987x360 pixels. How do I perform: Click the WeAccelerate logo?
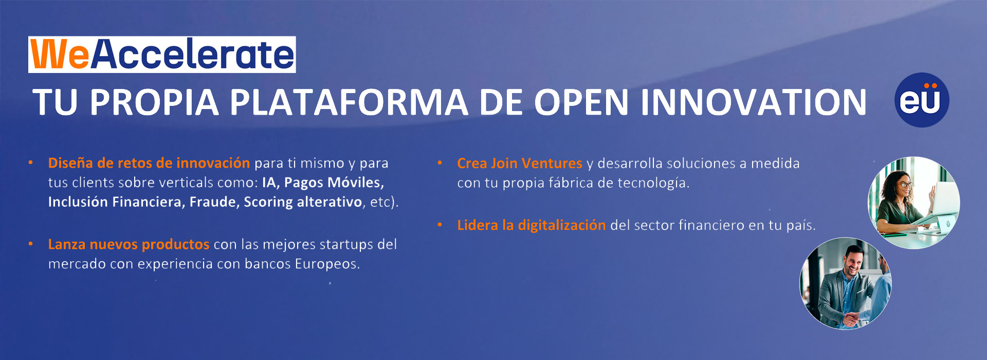[162, 55]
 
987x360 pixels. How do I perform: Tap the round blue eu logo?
[922, 100]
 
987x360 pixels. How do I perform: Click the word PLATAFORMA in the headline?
[349, 102]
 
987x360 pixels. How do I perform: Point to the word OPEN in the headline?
[581, 102]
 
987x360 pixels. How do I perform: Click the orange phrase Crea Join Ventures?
[520, 164]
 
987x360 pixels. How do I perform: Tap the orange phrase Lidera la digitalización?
[532, 225]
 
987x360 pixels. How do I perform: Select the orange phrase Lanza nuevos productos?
[129, 244]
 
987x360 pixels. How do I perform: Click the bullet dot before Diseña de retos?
[31, 163]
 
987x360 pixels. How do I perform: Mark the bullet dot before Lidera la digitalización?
[440, 225]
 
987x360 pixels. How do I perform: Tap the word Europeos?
[327, 264]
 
